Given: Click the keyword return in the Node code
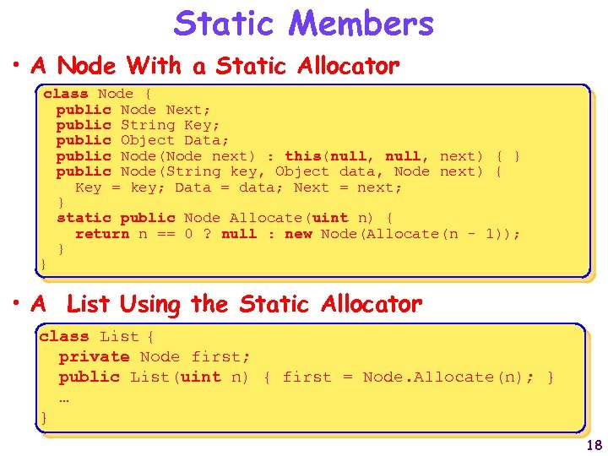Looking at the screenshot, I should coord(101,234).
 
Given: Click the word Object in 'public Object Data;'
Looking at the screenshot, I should coord(148,140).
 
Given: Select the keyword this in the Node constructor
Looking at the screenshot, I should coord(302,156).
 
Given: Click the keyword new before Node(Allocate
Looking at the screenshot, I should coord(298,234).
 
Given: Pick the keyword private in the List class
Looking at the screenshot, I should coord(94,357).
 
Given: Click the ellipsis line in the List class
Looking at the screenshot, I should coord(63,396).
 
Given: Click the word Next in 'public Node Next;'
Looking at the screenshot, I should coord(183,110).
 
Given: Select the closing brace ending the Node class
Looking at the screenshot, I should coord(43,265).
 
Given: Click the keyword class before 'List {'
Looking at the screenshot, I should coord(63,337).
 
